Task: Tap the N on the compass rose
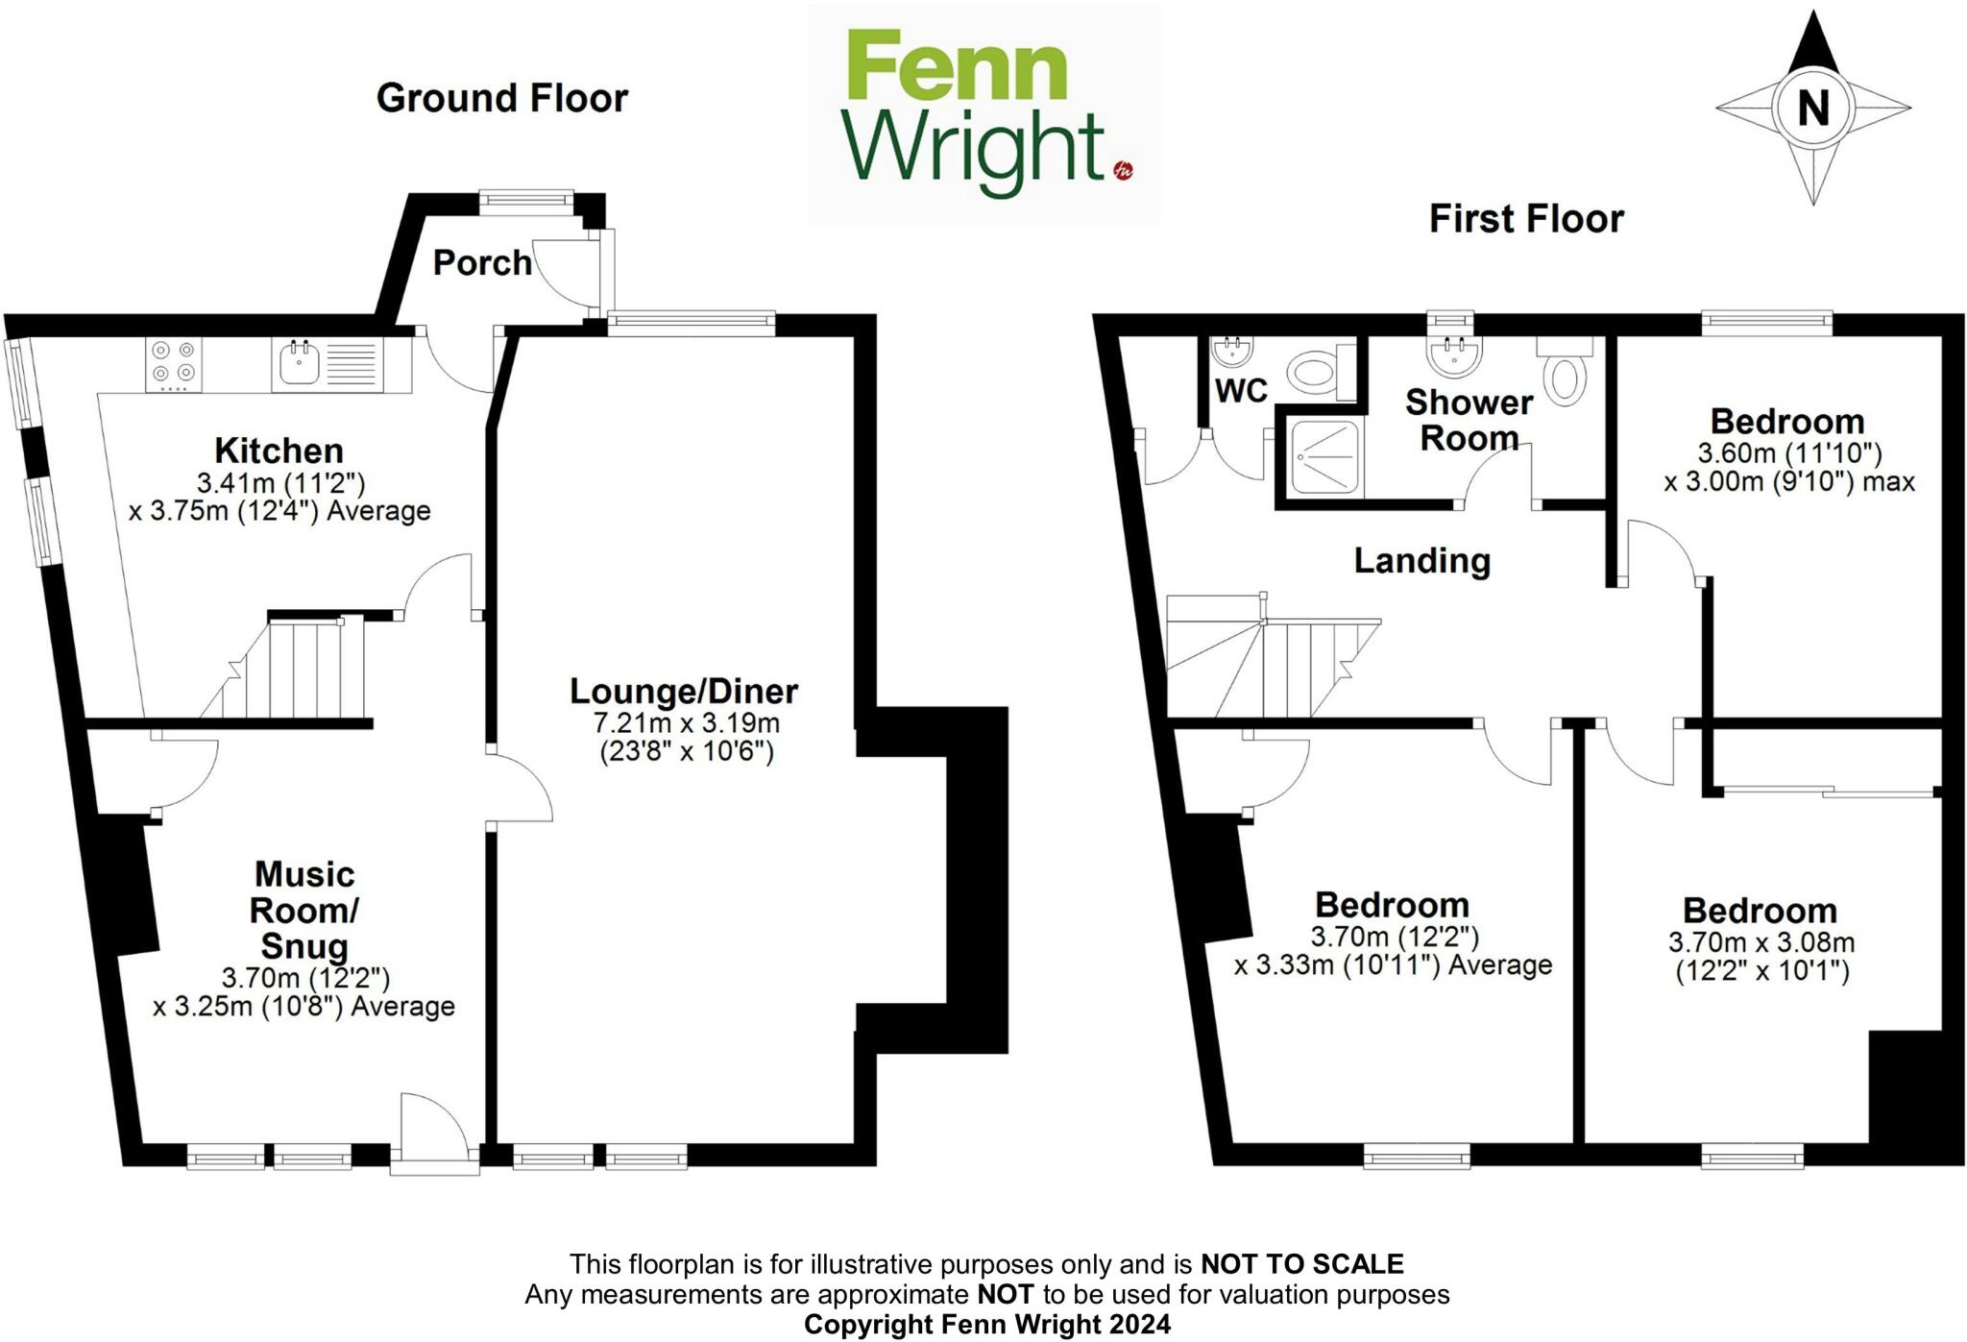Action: (x=1812, y=107)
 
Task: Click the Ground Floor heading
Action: (x=501, y=98)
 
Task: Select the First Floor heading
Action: (x=1525, y=219)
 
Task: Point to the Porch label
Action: (x=482, y=262)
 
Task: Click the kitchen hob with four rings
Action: (x=174, y=364)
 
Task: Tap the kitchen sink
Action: (x=300, y=364)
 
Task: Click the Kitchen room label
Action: (x=279, y=450)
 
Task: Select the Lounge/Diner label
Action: (x=684, y=691)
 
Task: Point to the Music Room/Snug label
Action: (x=304, y=910)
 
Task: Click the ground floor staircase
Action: (x=298, y=669)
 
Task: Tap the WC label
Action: (x=1241, y=391)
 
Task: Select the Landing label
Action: (x=1421, y=560)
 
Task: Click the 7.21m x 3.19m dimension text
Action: (x=687, y=722)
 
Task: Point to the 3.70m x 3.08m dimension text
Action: (x=1761, y=942)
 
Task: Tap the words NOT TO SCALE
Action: (x=1301, y=1263)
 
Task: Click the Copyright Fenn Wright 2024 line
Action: (x=986, y=1325)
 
